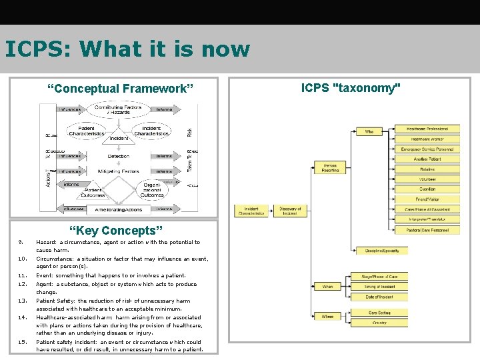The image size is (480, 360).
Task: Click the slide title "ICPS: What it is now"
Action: point(127,49)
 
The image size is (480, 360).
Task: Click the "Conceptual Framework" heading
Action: point(120,88)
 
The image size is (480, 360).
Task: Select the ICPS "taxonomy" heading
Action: point(351,88)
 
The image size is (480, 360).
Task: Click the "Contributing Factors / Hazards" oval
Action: point(118,110)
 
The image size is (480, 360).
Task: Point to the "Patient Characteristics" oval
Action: point(87,131)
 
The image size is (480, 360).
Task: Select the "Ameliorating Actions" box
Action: point(118,209)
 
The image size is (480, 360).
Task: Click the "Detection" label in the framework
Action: point(119,156)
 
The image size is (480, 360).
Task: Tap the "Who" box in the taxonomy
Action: point(369,132)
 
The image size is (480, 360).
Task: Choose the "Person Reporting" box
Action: point(330,167)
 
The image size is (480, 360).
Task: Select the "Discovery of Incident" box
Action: point(290,211)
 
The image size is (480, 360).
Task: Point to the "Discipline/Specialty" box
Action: point(382,251)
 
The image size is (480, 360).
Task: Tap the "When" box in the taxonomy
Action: point(328,287)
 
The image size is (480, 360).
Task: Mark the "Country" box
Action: point(380,323)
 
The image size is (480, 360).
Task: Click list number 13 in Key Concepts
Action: point(21,301)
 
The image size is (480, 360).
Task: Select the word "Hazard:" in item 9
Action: point(46,243)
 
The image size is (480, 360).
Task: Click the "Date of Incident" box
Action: point(380,297)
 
